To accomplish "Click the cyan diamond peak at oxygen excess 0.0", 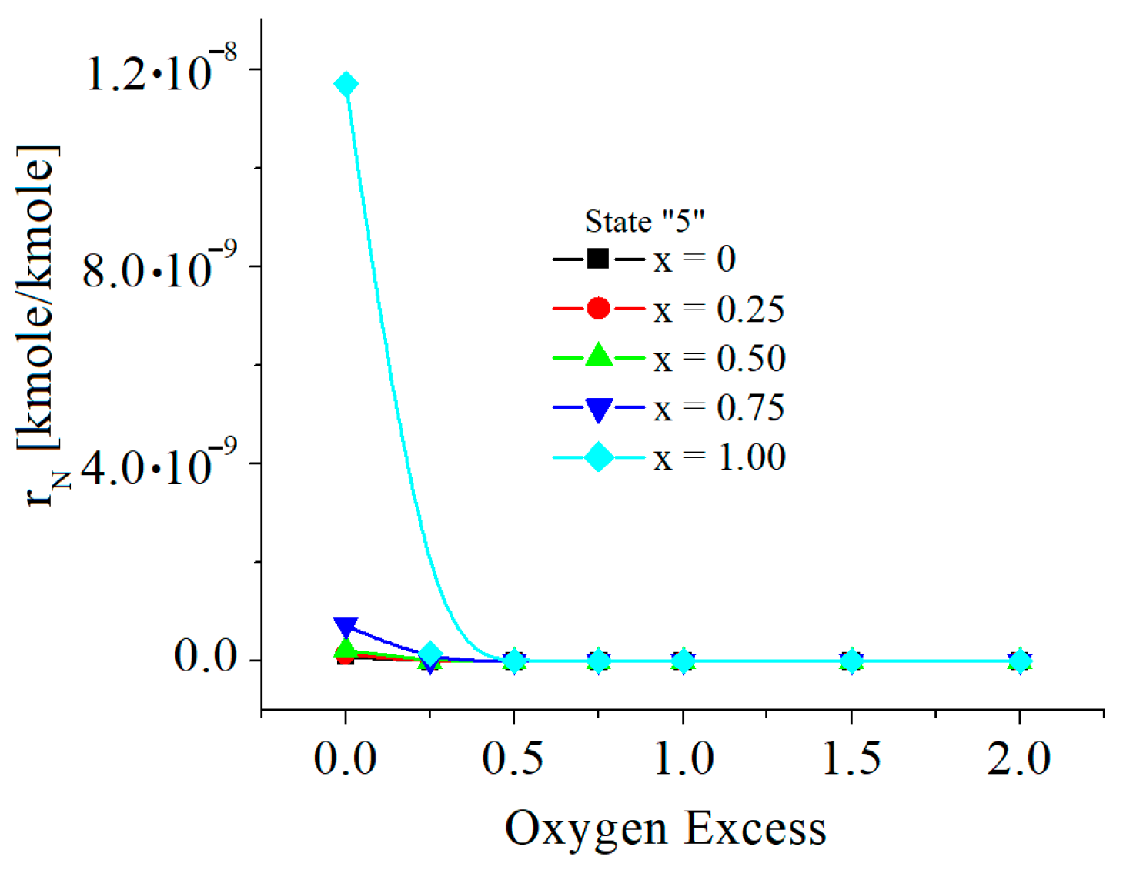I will tap(346, 84).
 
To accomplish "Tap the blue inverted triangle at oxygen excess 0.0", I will tap(346, 627).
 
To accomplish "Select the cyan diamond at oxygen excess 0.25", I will tap(431, 655).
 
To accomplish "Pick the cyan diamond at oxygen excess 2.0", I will tap(1020, 661).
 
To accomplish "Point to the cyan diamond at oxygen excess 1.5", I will tap(851, 661).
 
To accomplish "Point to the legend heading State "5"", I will tap(644, 222).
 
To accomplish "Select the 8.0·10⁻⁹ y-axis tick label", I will tap(159, 269).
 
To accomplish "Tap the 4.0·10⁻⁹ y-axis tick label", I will tap(159, 466).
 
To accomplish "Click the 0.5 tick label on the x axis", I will tap(513, 758).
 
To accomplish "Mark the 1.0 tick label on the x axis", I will tap(683, 758).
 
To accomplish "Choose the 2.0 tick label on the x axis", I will tap(1019, 758).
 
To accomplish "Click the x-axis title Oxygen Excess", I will tap(665, 829).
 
